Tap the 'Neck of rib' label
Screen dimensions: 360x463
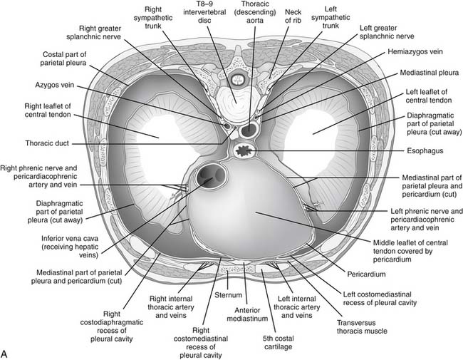[x=293, y=16]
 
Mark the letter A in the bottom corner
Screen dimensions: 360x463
[x=6, y=352]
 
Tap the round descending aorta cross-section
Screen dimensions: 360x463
[x=251, y=130]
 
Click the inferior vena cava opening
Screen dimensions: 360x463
[x=212, y=176]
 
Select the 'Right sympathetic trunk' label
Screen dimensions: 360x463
[x=152, y=16]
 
